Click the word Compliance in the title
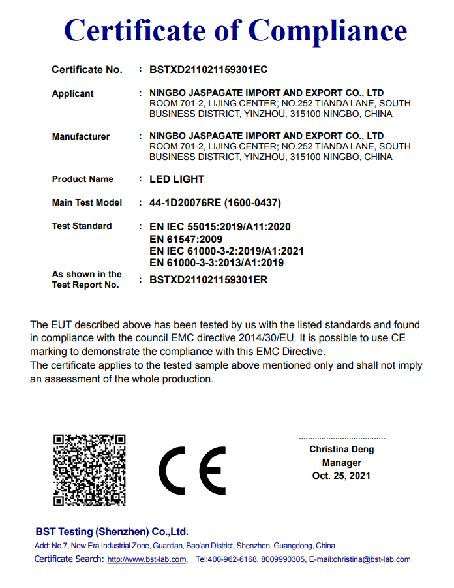tap(328, 30)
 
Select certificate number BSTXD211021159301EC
tap(209, 69)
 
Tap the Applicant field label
tap(72, 93)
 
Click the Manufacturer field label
tap(81, 136)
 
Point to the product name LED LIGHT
tap(177, 179)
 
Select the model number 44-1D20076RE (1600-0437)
tap(215, 202)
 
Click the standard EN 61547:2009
tap(186, 239)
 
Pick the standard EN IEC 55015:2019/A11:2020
tap(220, 226)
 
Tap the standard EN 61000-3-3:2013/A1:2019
tap(217, 263)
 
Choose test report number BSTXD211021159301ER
tap(209, 280)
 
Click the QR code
tap(89, 470)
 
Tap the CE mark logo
tap(192, 471)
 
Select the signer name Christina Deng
tap(341, 450)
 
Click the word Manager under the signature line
tap(341, 463)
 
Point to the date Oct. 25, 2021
tap(341, 476)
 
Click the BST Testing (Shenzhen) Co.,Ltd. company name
tap(112, 531)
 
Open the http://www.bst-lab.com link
tap(147, 559)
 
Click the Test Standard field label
tap(82, 226)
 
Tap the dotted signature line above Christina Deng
tap(341, 438)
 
